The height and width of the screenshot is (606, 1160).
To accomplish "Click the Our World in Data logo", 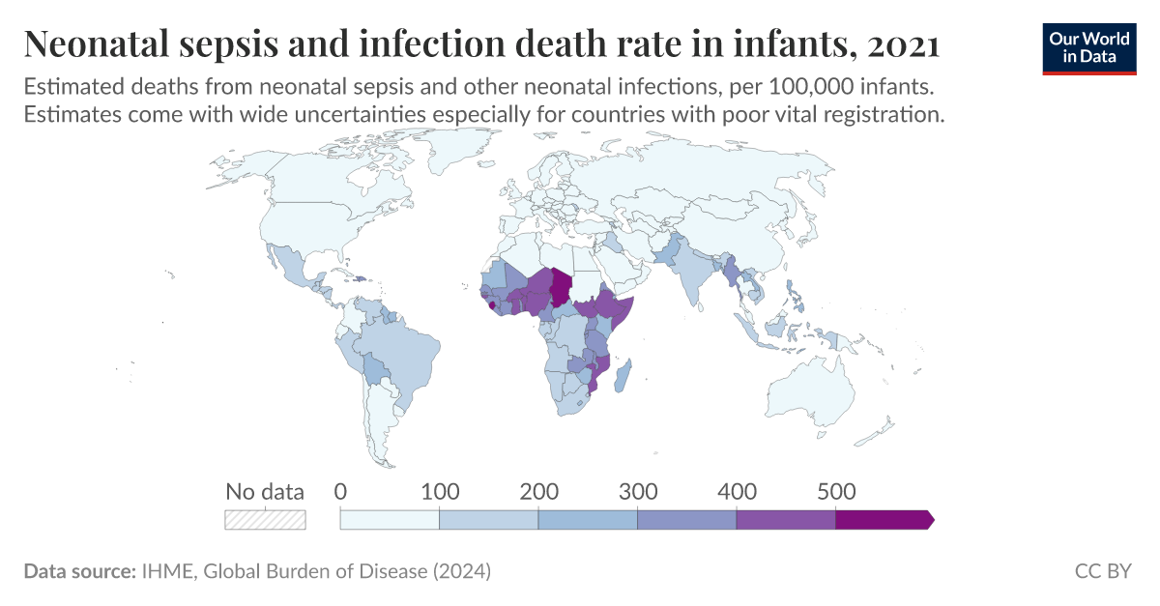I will [x=1089, y=46].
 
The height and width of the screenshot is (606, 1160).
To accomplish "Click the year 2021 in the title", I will [x=903, y=44].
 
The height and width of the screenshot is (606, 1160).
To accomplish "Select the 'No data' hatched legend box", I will [x=265, y=520].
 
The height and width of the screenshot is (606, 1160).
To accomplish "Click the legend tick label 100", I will [x=440, y=491].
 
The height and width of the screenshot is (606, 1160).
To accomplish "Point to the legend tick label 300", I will [x=637, y=491].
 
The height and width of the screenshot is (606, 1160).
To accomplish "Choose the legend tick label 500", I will [x=835, y=491].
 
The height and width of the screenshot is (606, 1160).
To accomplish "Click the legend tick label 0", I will [x=340, y=491].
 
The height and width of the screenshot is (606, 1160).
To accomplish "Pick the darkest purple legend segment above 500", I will [x=883, y=520].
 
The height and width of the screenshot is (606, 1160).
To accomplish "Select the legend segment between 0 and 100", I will [x=390, y=520].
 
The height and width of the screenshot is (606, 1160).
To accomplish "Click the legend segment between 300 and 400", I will [x=686, y=520].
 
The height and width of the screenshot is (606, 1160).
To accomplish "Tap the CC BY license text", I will [x=1103, y=571].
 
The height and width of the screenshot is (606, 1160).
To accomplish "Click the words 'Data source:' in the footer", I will [x=78, y=571].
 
